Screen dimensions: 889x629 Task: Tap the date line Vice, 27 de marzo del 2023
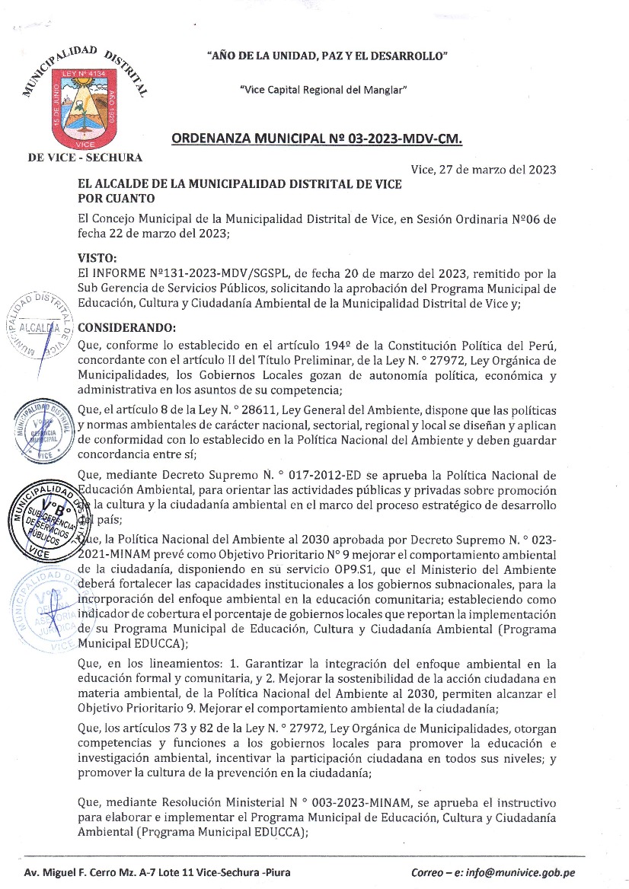coord(483,169)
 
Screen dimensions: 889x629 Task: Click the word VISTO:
coord(98,258)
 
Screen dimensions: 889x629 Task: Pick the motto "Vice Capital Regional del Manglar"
coord(323,90)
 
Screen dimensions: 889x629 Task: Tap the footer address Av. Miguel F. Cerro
coord(157,872)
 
